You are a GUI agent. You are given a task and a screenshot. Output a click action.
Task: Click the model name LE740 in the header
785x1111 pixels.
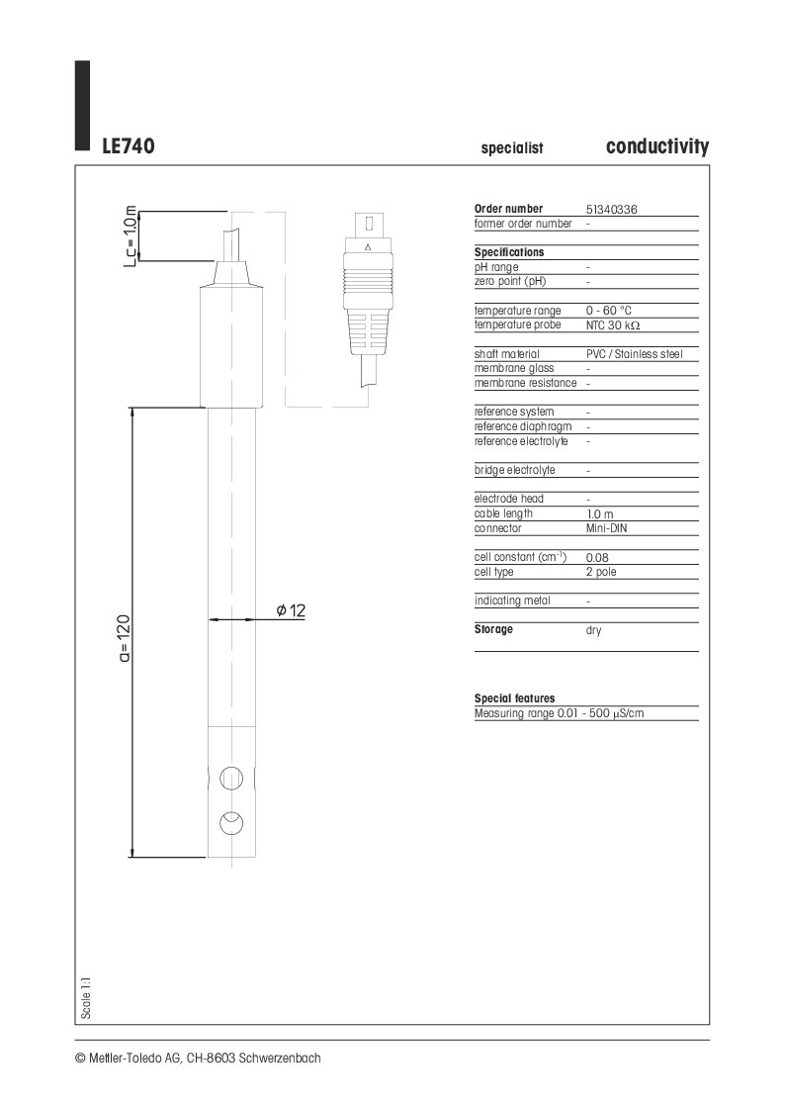coord(128,146)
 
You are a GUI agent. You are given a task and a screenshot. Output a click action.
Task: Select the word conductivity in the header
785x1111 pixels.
coord(656,146)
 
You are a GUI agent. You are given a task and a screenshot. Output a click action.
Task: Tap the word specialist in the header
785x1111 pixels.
coord(512,148)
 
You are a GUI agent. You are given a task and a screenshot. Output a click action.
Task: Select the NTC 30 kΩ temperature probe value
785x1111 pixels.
coord(619,324)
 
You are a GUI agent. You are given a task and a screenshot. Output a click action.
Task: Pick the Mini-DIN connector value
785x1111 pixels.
coord(606,528)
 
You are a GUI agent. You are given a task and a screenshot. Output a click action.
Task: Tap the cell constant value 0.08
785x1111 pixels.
coord(597,558)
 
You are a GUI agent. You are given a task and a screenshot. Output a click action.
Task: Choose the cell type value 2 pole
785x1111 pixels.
coord(601,572)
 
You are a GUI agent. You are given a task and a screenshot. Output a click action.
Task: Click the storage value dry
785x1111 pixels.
coord(593,630)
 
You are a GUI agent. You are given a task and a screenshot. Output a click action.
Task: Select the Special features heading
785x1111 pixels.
coord(514,698)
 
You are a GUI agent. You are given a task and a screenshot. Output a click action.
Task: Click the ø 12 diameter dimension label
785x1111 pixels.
coord(291,611)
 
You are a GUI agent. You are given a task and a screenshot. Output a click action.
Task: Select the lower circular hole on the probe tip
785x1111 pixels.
coord(231,823)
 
